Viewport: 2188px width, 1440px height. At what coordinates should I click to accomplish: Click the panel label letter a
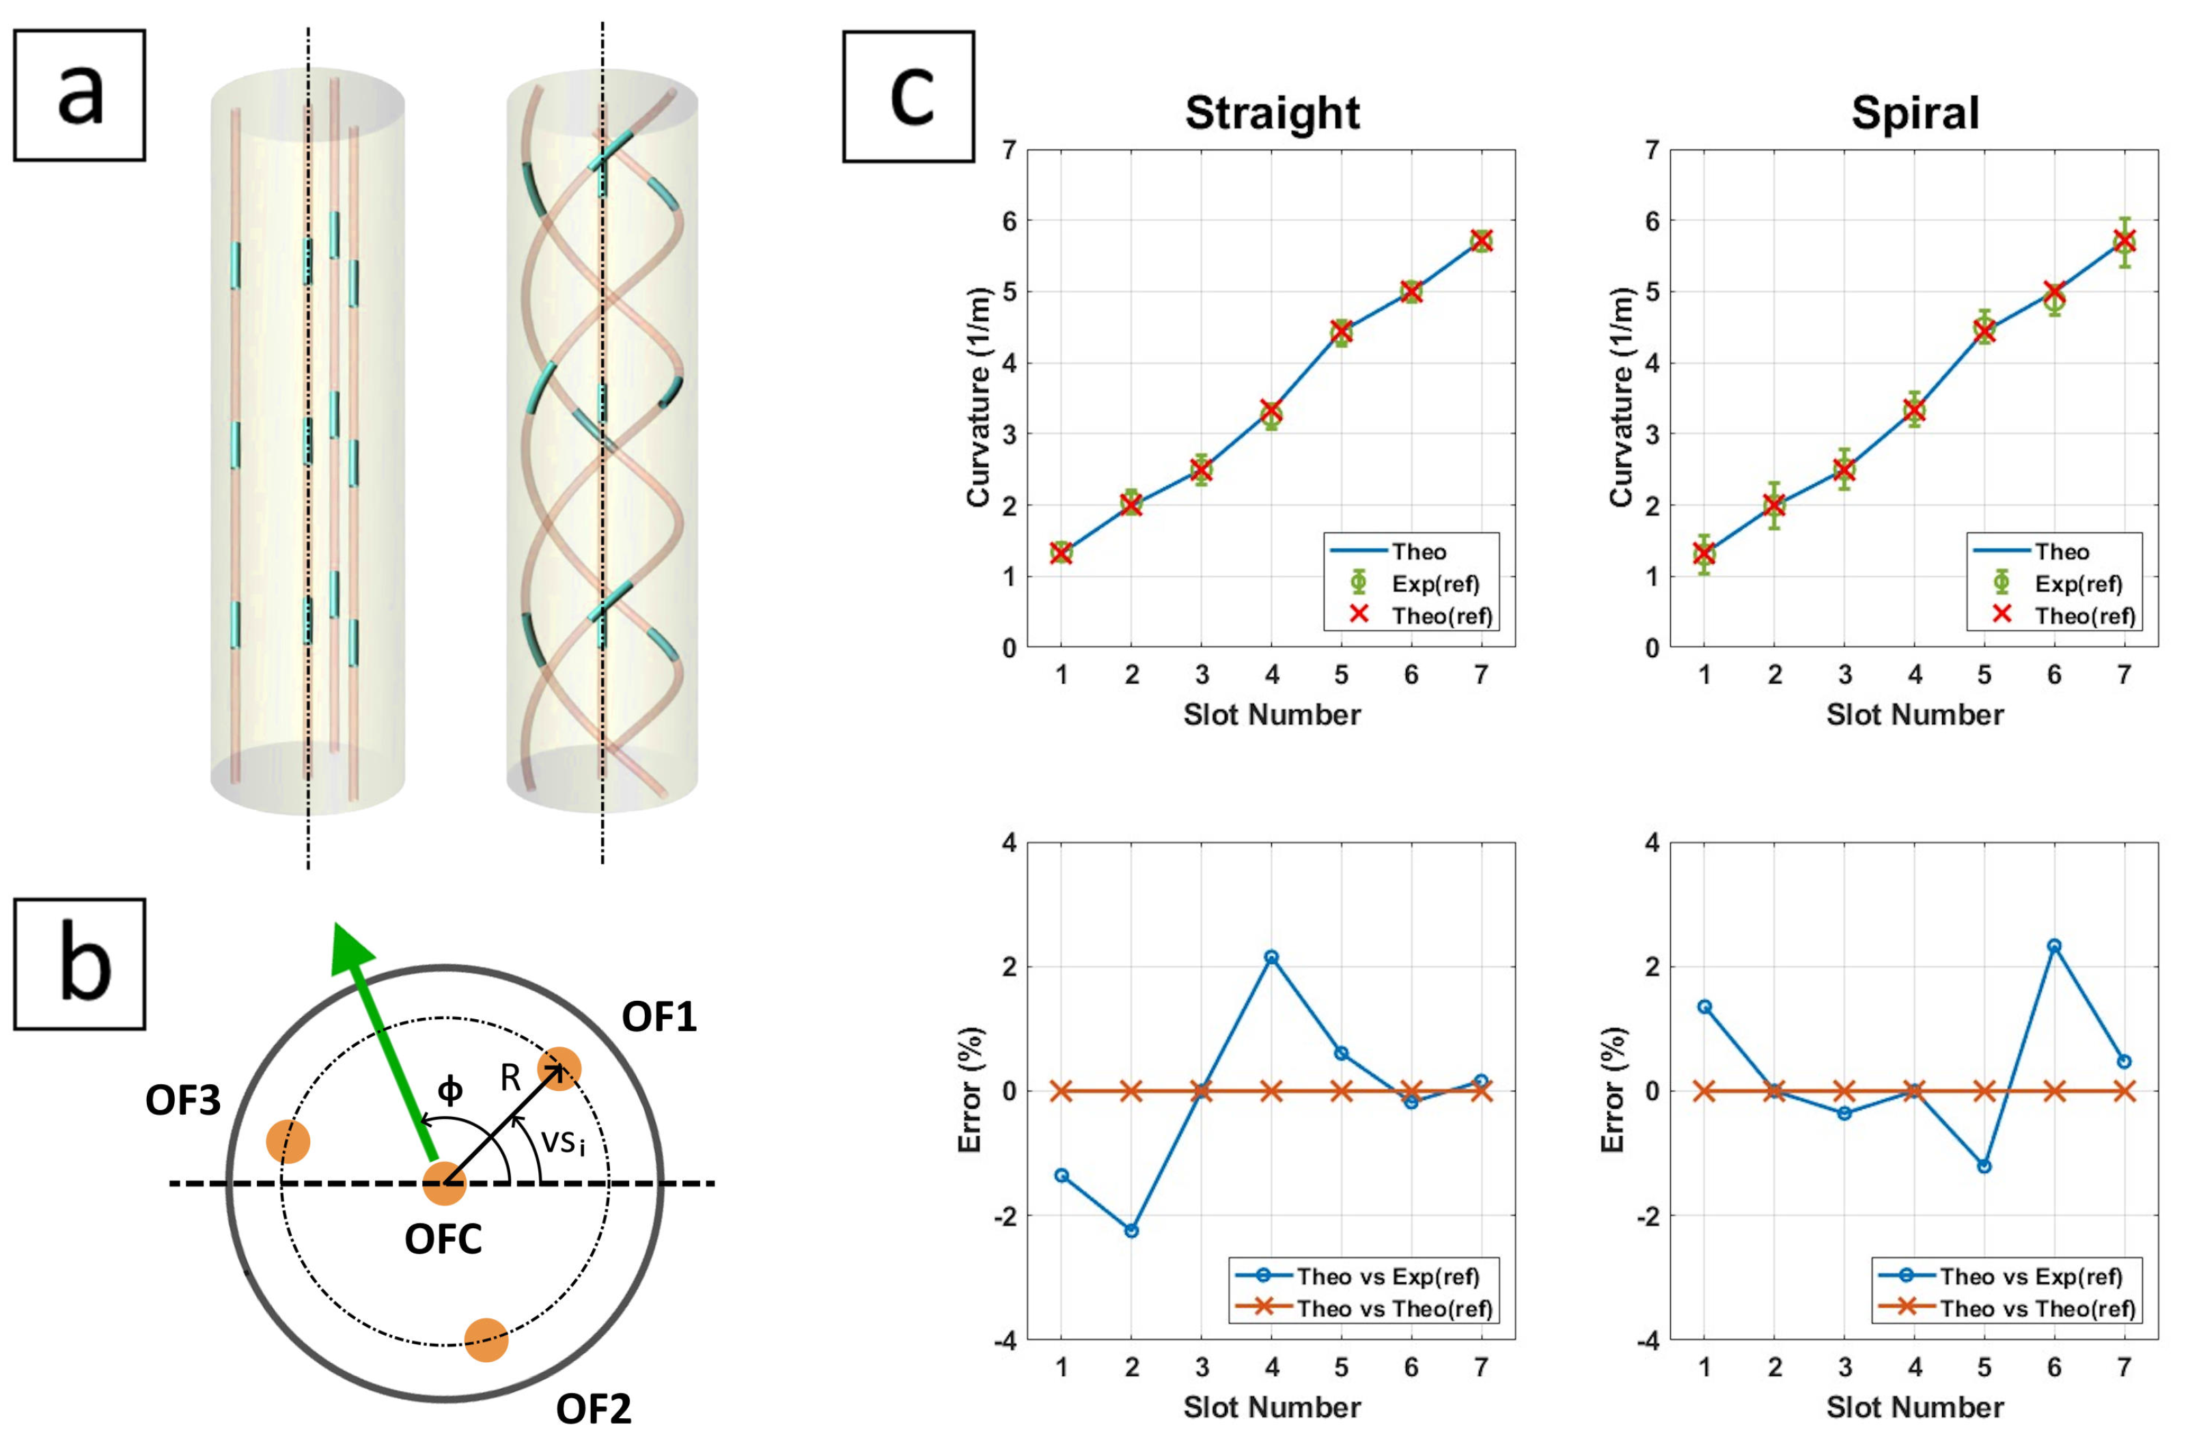click(x=80, y=96)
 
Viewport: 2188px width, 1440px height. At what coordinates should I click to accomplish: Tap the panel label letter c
click(x=910, y=96)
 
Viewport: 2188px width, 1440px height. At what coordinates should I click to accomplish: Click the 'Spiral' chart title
click(x=1914, y=113)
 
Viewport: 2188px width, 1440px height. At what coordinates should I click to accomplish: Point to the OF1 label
click(x=659, y=1017)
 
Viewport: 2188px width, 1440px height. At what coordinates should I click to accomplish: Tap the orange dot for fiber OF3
click(x=288, y=1141)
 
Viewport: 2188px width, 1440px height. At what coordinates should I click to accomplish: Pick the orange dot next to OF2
click(x=486, y=1340)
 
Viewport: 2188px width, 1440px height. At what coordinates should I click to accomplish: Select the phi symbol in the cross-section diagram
click(x=449, y=1090)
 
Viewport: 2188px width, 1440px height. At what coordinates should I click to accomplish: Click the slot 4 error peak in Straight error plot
click(x=1271, y=957)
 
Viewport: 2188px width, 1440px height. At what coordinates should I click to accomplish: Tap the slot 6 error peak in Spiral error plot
click(x=2054, y=946)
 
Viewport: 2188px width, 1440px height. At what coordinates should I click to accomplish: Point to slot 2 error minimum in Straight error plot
click(x=1132, y=1230)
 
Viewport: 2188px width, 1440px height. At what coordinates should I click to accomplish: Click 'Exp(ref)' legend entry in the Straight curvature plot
click(x=1434, y=584)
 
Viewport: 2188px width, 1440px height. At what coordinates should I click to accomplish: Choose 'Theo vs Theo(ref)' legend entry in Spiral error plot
click(x=2037, y=1307)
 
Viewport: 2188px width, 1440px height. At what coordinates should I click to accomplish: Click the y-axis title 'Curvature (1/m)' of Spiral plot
click(x=1621, y=398)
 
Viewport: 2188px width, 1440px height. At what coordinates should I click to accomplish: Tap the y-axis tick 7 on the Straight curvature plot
click(x=1010, y=150)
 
